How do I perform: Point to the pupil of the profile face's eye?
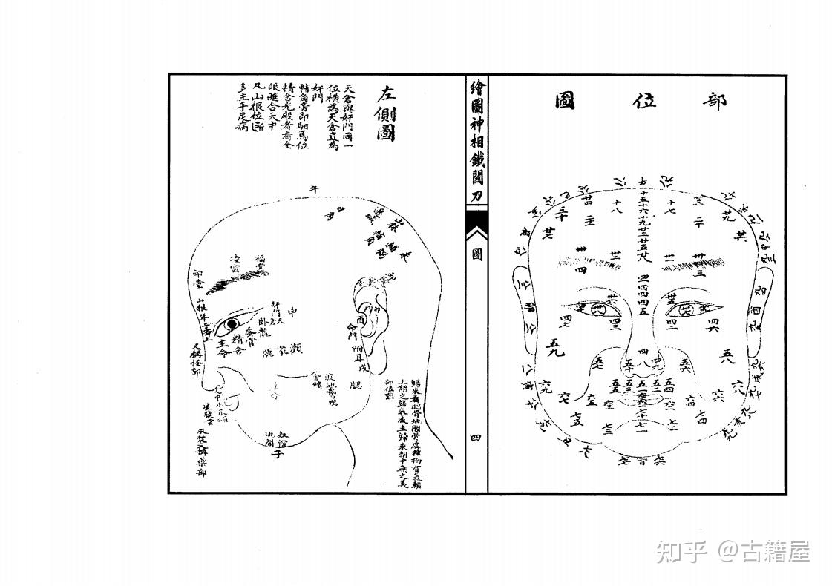(x=232, y=324)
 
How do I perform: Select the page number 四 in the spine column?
(x=476, y=438)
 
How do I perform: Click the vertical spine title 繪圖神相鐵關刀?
(x=476, y=141)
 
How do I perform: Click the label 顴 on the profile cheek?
(x=295, y=346)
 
